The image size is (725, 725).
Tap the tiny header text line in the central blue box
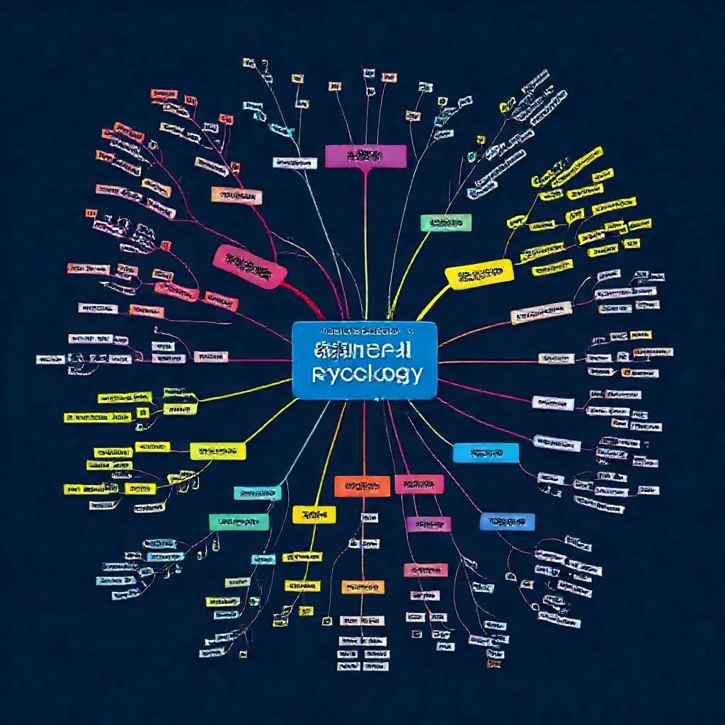(365, 331)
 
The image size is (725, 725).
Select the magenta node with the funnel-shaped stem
(365, 156)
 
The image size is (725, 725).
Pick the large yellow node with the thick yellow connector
(479, 274)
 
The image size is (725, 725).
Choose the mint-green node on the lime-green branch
(446, 223)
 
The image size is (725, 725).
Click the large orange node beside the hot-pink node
(362, 486)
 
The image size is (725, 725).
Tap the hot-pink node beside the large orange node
(419, 484)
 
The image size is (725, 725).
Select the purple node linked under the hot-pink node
(429, 524)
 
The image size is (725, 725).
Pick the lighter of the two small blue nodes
(486, 452)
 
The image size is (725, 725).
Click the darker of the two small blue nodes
(507, 522)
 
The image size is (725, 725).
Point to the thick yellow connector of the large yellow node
(433, 302)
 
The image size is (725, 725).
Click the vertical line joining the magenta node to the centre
(365, 241)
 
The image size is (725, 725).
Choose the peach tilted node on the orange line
(541, 312)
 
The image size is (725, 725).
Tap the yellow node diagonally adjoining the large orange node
(314, 514)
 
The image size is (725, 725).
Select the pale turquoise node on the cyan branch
(258, 493)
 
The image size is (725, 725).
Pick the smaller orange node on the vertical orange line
(363, 587)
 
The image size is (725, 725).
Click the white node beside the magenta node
(295, 164)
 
